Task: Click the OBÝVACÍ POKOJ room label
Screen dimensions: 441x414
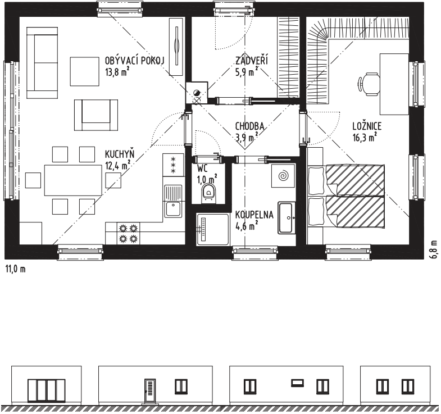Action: (134, 60)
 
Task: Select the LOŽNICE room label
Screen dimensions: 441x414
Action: (367, 126)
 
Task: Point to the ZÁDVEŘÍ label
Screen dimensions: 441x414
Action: (252, 60)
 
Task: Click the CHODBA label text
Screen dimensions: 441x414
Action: (249, 126)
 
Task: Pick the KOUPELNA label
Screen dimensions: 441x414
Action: (254, 215)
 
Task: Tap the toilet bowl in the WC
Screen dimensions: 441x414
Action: (208, 192)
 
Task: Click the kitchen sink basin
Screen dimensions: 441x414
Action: (173, 209)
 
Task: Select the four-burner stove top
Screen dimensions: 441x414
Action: (128, 233)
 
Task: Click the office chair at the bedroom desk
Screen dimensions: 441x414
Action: (369, 84)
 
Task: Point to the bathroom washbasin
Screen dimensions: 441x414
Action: (287, 217)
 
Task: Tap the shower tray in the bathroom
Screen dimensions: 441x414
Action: (213, 229)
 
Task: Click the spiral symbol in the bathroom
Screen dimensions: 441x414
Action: (283, 176)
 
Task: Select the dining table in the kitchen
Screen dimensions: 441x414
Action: (73, 180)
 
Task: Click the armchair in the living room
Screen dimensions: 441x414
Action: (96, 115)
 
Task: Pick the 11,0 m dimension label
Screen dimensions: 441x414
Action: (16, 269)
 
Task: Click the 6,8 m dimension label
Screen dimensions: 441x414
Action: (435, 249)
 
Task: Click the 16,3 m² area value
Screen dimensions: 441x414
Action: (365, 137)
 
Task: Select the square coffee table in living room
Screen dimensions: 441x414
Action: (85, 71)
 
